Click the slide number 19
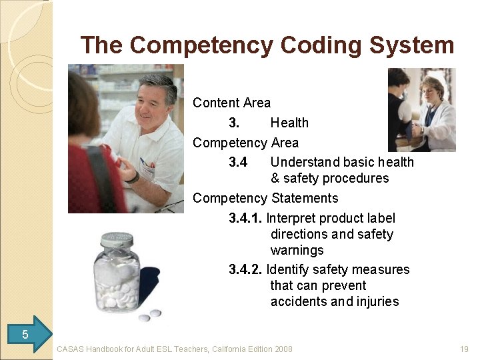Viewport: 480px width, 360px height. (x=464, y=349)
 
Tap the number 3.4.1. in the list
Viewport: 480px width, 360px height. (x=245, y=218)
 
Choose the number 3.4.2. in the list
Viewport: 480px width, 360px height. (x=245, y=269)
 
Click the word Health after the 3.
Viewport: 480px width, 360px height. (x=289, y=123)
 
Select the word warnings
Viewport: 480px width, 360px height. (x=297, y=250)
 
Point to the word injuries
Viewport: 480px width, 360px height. (x=378, y=301)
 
